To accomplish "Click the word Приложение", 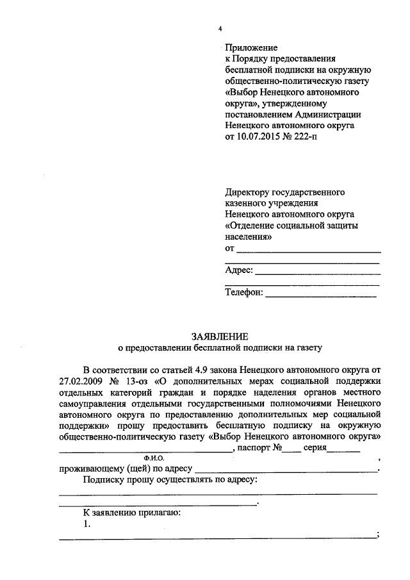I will coord(251,48).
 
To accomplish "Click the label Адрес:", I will coord(239,270).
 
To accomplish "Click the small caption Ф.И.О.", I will coord(155,459).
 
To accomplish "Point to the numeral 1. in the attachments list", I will coord(88,524).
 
